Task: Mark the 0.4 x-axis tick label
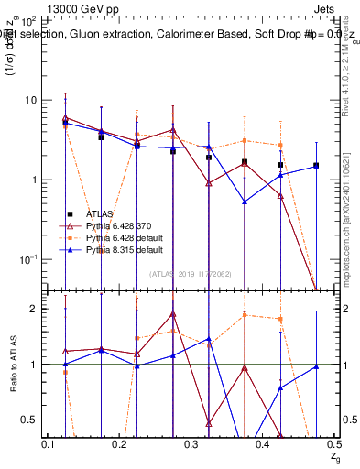262,443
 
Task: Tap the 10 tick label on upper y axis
30,99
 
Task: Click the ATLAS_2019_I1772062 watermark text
190,274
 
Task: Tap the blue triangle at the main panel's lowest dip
245,202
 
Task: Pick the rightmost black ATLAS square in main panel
316,166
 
